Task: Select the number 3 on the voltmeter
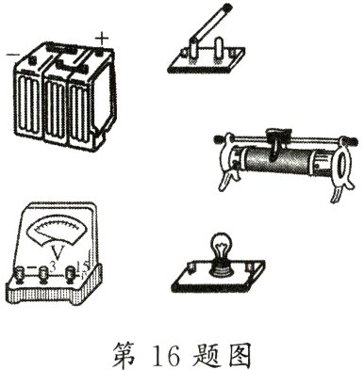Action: tap(55, 269)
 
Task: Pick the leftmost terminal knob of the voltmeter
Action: tap(19, 275)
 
